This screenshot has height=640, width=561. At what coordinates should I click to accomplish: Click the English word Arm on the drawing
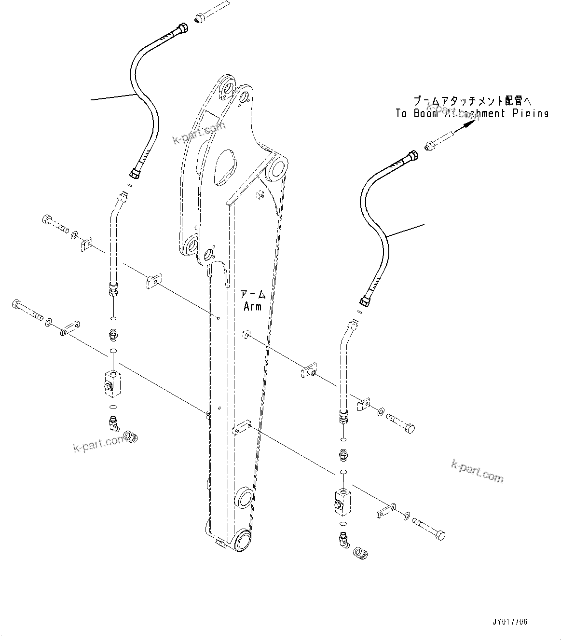[252, 306]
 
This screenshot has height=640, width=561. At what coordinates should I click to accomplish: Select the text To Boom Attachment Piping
[472, 113]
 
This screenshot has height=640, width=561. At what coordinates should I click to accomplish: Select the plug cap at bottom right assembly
[360, 552]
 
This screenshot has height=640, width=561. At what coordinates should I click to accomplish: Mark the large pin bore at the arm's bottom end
[244, 540]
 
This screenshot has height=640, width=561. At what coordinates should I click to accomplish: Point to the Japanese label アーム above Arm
[253, 294]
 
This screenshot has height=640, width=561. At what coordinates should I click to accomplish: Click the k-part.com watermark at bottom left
[99, 444]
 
